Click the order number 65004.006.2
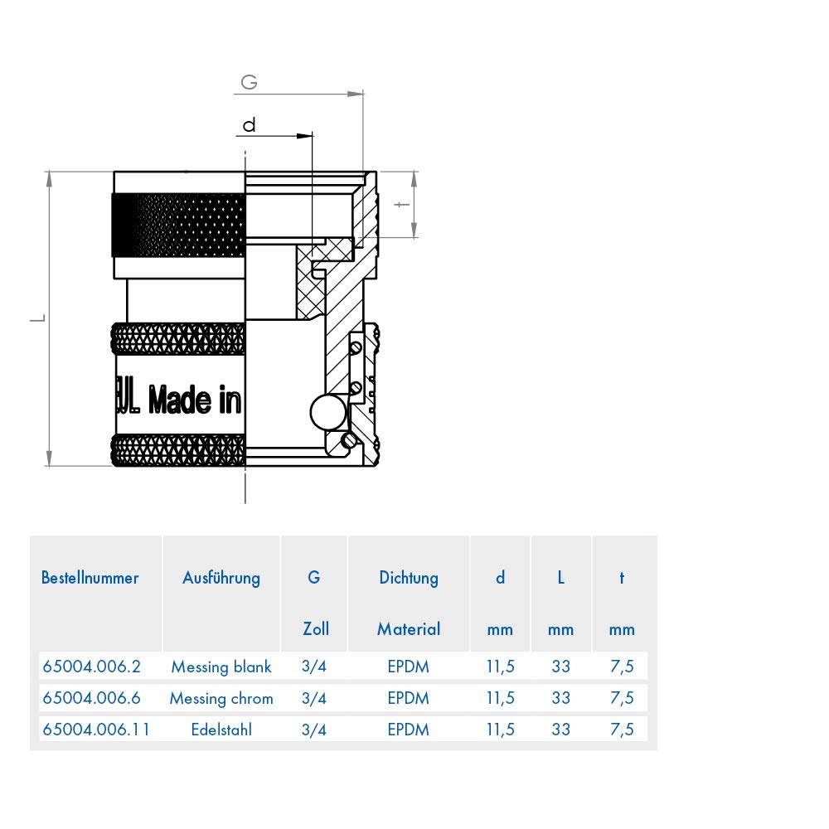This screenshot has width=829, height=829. pyautogui.click(x=92, y=667)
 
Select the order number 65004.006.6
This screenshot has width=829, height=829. pyautogui.click(x=92, y=698)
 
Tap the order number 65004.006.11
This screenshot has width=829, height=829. pyautogui.click(x=95, y=730)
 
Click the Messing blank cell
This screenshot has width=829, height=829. pyautogui.click(x=221, y=667)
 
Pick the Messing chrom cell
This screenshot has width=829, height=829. pyautogui.click(x=221, y=698)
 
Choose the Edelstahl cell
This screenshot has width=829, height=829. pyautogui.click(x=221, y=730)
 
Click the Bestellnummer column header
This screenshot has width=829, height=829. pyautogui.click(x=90, y=577)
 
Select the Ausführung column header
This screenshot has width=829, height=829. pyautogui.click(x=221, y=578)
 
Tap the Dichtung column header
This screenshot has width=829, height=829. pyautogui.click(x=409, y=578)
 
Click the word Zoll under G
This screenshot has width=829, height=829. pyautogui.click(x=316, y=628)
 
